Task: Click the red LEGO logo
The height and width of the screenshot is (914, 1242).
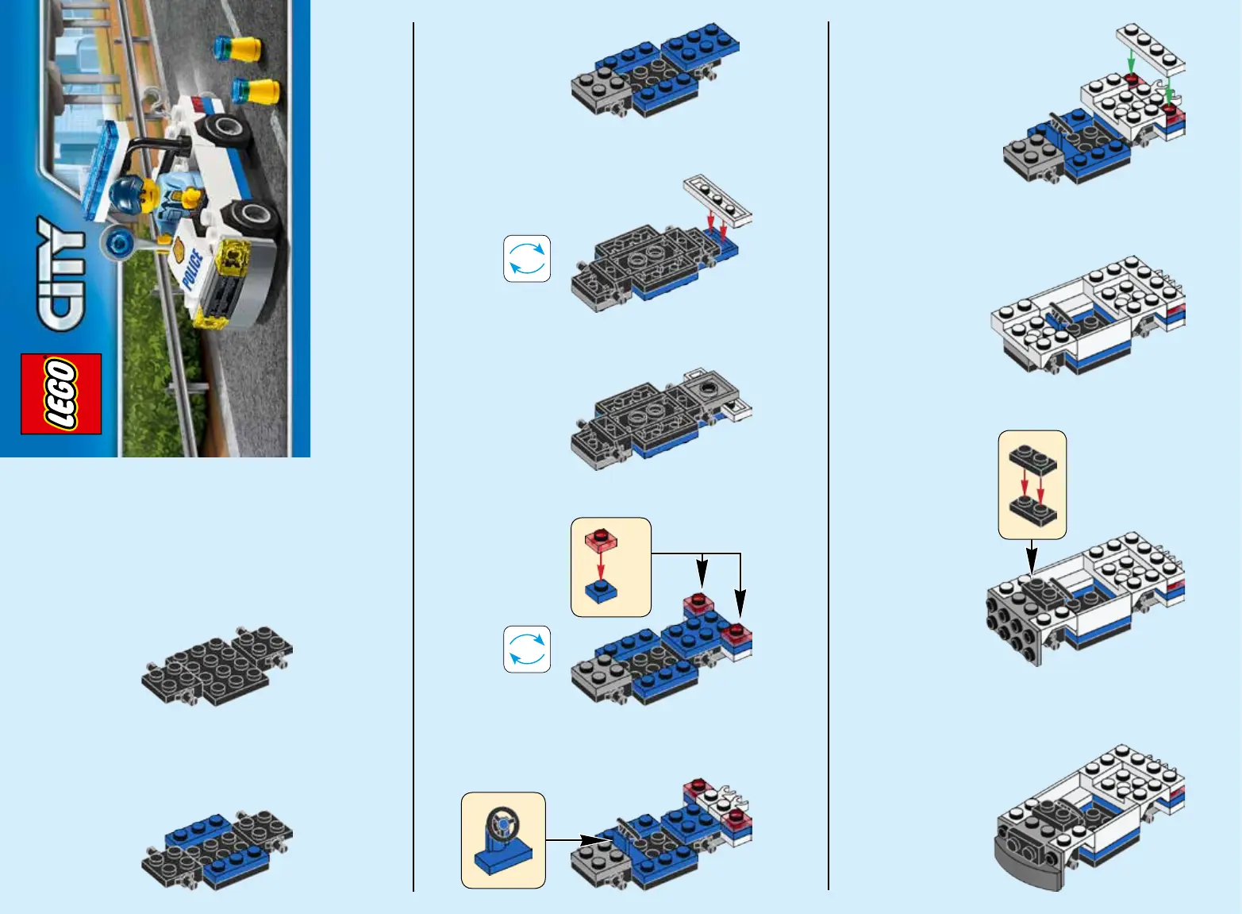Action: pos(61,393)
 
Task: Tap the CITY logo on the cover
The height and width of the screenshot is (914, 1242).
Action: pos(61,274)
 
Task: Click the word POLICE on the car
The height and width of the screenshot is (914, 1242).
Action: pos(192,269)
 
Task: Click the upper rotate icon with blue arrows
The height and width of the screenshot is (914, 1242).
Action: pos(527,259)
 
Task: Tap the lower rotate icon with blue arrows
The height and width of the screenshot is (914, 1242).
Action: pos(527,650)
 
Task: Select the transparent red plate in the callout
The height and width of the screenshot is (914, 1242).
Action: pos(601,540)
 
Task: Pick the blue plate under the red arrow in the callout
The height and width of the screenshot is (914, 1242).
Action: pos(601,592)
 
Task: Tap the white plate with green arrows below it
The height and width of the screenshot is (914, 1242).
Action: pos(1150,49)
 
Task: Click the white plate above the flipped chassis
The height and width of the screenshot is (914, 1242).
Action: pos(717,201)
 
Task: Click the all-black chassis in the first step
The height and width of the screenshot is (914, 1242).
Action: pos(217,666)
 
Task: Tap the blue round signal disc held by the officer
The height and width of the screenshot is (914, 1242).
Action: pos(117,243)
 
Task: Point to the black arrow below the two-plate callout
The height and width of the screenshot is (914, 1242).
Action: pos(1032,557)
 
